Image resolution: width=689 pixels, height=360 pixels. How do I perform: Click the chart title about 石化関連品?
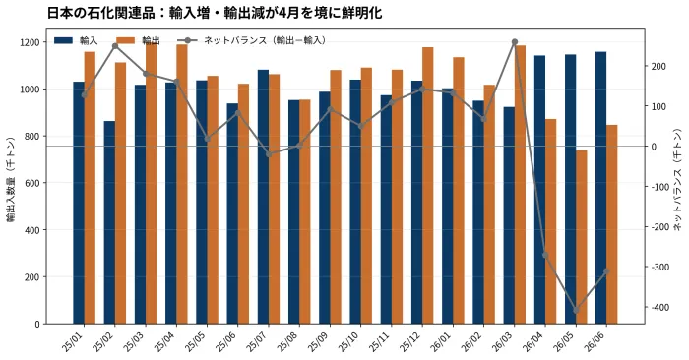[x=215, y=13]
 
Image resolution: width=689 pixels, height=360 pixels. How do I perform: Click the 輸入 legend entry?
[x=76, y=41]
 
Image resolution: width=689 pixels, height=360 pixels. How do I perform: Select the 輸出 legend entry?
[x=138, y=41]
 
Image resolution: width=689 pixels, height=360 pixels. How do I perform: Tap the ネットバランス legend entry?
[x=252, y=41]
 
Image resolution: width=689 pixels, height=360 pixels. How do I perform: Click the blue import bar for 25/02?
[x=109, y=222]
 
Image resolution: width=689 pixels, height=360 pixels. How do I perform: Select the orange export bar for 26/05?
[x=582, y=237]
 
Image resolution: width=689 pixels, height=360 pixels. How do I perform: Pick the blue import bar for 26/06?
[x=601, y=188]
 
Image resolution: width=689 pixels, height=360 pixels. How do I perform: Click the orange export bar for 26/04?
[x=550, y=221]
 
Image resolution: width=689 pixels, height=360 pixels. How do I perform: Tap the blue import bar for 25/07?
[x=263, y=197]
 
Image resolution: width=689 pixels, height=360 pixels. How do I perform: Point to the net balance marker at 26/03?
[x=515, y=41]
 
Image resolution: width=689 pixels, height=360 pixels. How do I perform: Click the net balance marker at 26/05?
[x=577, y=311]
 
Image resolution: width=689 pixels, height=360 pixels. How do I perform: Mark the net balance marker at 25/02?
[x=115, y=46]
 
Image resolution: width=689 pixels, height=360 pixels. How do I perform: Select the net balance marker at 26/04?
[x=545, y=255]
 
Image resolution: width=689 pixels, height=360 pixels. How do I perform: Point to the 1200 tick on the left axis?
[x=31, y=42]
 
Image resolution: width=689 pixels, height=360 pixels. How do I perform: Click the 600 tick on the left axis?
[x=32, y=183]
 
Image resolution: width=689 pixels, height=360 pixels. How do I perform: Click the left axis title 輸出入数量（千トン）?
[x=11, y=180]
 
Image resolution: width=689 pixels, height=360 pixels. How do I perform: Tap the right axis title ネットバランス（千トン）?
[x=678, y=180]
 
